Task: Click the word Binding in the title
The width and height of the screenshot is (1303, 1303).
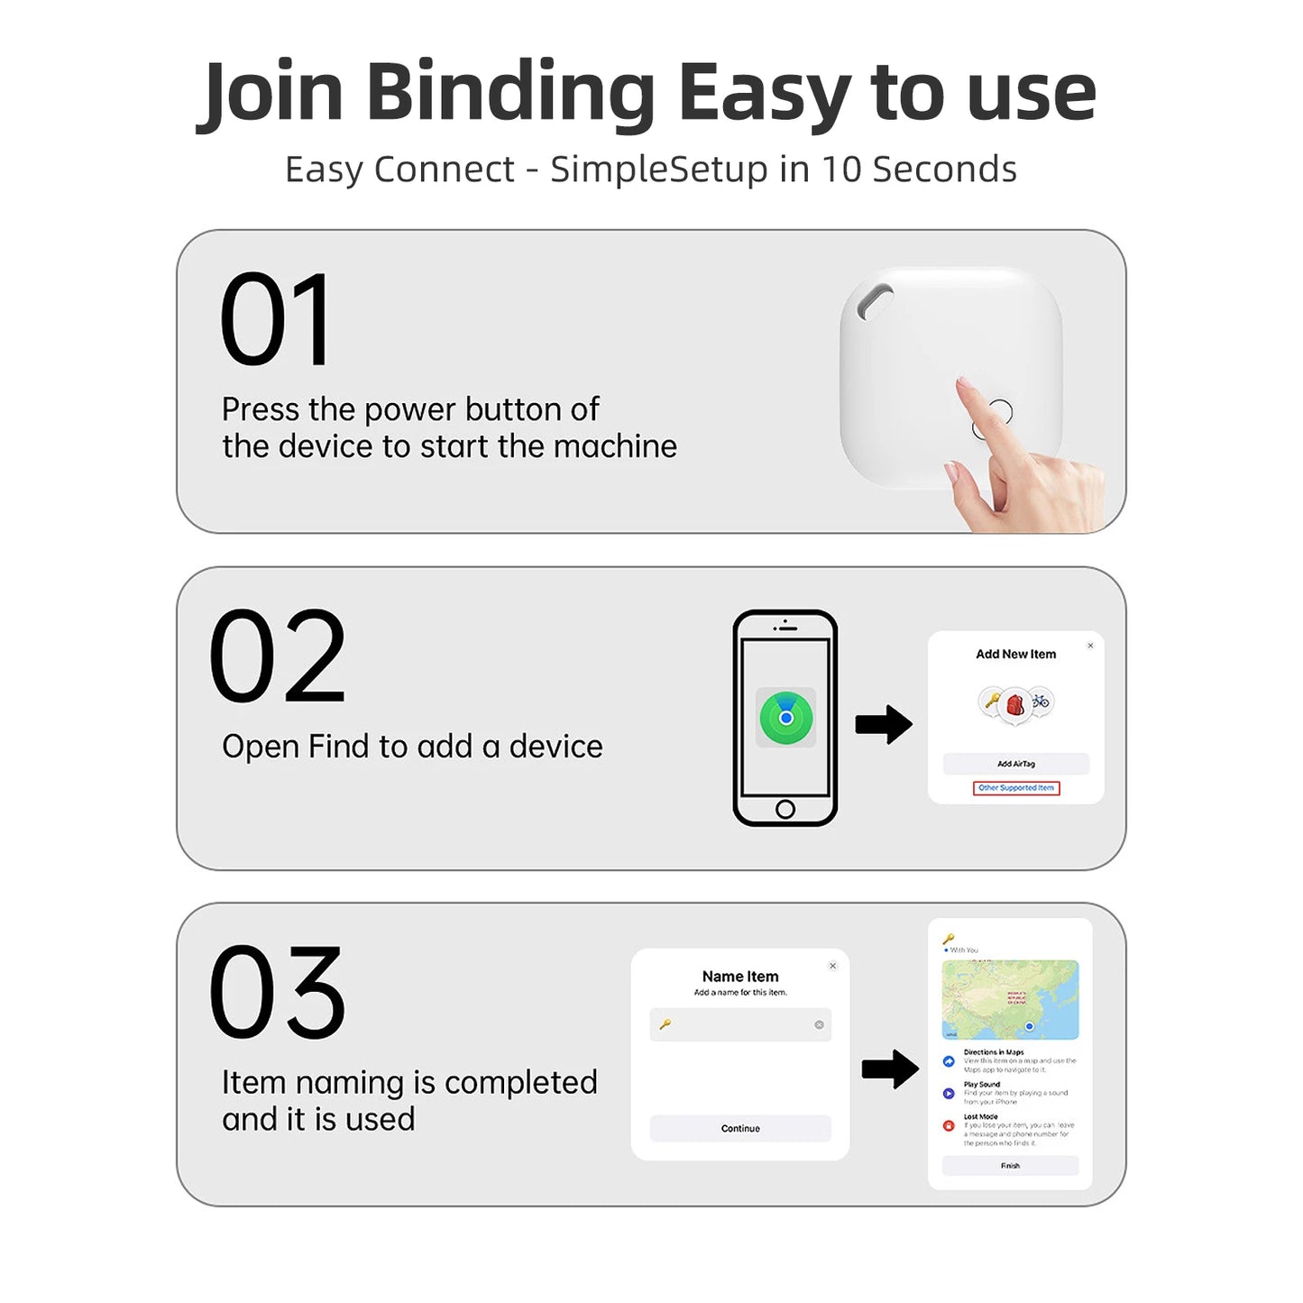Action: coord(510,93)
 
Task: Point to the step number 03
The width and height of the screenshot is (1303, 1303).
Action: coord(277,992)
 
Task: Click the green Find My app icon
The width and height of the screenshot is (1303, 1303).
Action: coord(785,717)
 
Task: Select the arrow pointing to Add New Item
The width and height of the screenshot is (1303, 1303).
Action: coord(884,724)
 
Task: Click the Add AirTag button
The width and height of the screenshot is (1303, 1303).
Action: coord(1015,764)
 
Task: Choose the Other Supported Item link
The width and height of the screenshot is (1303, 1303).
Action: coord(1015,788)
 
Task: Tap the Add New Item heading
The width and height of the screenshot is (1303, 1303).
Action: coord(1015,654)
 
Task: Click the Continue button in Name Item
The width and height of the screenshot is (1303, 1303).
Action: coord(740,1128)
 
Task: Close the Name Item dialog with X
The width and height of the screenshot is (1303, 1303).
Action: coord(832,966)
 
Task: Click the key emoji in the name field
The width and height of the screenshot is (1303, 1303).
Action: coord(665,1024)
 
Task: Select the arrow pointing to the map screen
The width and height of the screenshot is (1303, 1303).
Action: coord(890,1069)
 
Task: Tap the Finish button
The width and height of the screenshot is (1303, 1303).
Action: coord(1010,1166)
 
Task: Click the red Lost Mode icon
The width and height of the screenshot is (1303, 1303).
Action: coord(949,1125)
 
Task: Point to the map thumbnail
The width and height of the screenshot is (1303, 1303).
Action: coord(1010,999)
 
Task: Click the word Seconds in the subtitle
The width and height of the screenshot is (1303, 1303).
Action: coord(944,170)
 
